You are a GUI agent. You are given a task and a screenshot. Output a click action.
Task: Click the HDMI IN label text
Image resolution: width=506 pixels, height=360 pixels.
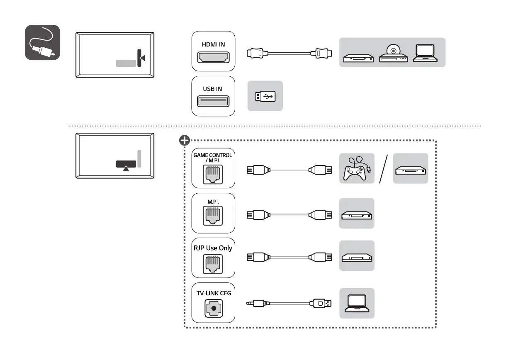[213, 44]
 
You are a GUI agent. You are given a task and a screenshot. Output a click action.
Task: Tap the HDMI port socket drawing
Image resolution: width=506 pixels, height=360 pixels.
[213, 57]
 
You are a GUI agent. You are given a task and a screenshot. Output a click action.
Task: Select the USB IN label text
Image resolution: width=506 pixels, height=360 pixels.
[212, 89]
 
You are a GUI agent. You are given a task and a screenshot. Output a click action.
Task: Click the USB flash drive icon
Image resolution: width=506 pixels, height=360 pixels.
[265, 97]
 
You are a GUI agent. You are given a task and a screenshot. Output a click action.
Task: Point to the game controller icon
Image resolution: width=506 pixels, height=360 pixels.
[357, 168]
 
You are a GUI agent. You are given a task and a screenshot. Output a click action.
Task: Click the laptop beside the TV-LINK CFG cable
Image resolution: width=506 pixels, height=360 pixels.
[357, 303]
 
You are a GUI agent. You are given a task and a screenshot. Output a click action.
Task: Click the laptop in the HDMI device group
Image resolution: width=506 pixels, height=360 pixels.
[425, 53]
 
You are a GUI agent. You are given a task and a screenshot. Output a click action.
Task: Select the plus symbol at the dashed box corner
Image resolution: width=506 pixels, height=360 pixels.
[184, 140]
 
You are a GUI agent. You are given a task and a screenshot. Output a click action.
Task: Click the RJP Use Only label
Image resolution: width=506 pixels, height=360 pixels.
[213, 248]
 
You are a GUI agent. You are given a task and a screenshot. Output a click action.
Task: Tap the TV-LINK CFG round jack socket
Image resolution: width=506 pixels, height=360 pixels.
[214, 308]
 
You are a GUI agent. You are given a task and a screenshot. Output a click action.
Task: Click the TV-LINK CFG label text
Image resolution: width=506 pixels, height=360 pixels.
[214, 293]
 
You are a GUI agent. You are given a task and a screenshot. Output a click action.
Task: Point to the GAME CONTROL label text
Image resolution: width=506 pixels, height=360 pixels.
[213, 155]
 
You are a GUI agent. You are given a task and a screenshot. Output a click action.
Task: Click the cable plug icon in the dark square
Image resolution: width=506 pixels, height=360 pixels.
[42, 42]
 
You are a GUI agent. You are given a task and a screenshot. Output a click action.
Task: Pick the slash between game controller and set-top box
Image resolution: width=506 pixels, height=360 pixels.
[383, 169]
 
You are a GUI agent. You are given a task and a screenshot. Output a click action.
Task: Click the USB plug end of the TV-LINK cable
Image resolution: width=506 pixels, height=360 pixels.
[321, 303]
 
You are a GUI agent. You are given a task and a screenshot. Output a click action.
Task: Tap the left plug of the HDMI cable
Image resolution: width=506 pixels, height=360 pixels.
[257, 54]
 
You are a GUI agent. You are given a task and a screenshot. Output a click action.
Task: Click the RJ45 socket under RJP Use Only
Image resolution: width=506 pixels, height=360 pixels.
[213, 264]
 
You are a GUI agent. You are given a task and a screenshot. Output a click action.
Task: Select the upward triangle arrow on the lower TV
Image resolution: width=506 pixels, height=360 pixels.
[126, 168]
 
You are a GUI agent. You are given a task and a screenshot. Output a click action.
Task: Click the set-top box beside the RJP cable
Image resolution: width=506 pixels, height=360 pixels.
[357, 257]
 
